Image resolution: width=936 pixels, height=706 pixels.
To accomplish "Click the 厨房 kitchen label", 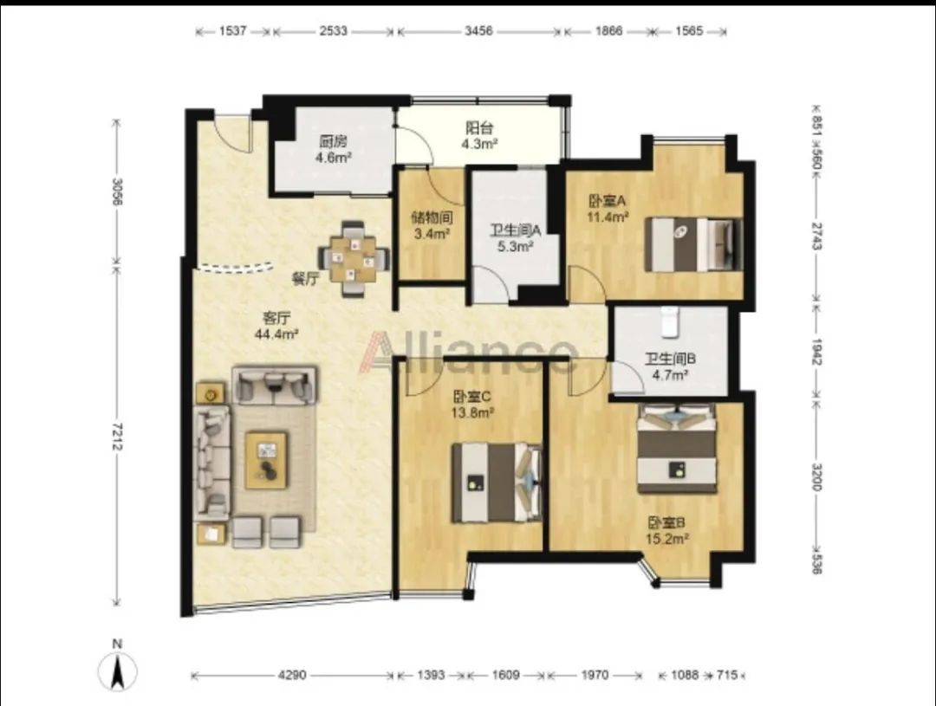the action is click(333, 141).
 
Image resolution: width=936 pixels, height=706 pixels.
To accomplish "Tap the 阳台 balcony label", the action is click(479, 127).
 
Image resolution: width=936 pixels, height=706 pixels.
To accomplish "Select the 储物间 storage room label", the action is click(432, 217).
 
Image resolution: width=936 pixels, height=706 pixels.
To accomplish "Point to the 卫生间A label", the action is click(515, 230).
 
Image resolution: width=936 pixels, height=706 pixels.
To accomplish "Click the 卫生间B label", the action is click(670, 359).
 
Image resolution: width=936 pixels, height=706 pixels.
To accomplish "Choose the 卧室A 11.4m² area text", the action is click(607, 216).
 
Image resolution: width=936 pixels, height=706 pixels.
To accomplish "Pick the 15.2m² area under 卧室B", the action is click(667, 539).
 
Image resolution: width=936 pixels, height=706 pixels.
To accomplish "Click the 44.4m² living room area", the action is click(276, 334).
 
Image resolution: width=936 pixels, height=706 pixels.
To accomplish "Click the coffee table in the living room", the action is click(266, 460).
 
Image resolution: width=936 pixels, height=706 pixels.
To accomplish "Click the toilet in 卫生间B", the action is click(671, 321).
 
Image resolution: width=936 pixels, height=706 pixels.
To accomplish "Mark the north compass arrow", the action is click(118, 670).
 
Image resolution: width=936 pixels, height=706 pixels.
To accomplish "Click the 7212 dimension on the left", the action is click(117, 437).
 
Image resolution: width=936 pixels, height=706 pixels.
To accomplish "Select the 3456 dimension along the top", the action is click(478, 31).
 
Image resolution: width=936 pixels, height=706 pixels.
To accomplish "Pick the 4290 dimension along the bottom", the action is click(293, 675).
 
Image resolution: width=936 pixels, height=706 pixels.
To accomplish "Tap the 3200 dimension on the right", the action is click(816, 476).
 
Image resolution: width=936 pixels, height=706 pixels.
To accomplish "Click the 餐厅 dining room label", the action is click(306, 279).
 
